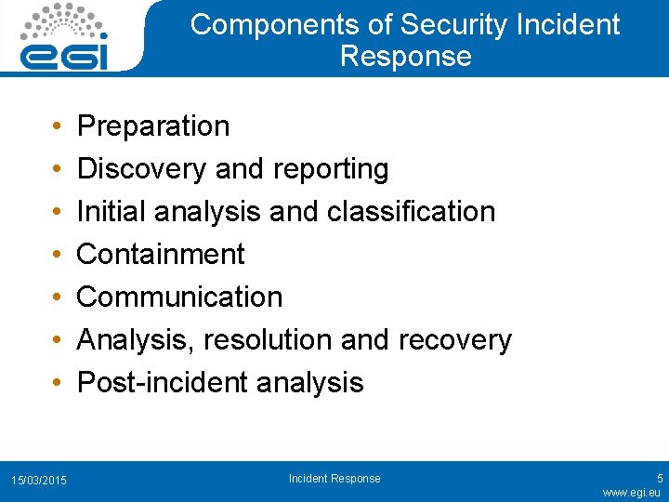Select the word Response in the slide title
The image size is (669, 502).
tap(405, 56)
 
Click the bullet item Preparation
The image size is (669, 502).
tap(152, 126)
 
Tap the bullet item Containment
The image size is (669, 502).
tap(161, 255)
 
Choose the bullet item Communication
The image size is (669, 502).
tap(179, 297)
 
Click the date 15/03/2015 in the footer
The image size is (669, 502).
tap(38, 480)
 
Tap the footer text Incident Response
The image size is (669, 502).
tap(334, 479)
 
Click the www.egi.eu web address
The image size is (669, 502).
tap(632, 492)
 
